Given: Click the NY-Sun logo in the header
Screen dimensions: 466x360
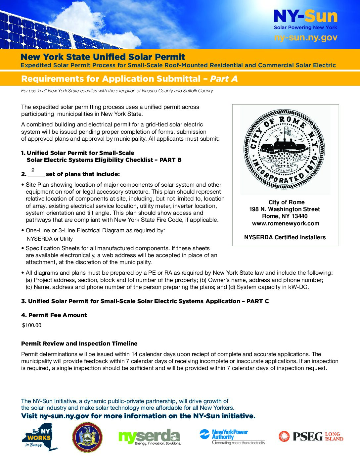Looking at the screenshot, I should pos(305,17).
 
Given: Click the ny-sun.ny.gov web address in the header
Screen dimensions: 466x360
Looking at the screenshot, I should pos(305,38).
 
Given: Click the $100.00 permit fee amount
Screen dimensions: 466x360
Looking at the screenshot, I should pos(32,325).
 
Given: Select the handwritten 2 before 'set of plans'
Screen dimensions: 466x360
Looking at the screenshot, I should pos(33,170).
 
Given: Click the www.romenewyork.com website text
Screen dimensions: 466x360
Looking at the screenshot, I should pos(286,223).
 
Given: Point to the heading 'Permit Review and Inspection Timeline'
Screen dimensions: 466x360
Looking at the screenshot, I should pos(79,344).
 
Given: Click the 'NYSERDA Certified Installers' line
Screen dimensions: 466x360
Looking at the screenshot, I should pos(285,237).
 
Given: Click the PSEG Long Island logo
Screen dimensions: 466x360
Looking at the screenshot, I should pos(311,437).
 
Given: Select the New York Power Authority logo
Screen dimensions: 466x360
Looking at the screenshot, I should pos(232,437).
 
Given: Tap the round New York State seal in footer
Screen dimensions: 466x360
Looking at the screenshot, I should pos(87,437).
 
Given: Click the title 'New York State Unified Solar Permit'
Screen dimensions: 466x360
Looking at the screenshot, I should pos(103,57).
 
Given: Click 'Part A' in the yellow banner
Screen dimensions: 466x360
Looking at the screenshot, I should pos(224,79).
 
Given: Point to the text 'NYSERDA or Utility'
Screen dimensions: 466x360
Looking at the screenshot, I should pos(50,239).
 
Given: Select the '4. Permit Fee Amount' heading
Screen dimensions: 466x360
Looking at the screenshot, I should pos(54,315).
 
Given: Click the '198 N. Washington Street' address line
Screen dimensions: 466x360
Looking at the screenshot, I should pos(285,209).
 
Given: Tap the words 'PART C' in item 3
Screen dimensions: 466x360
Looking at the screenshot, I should pos(257,301).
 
